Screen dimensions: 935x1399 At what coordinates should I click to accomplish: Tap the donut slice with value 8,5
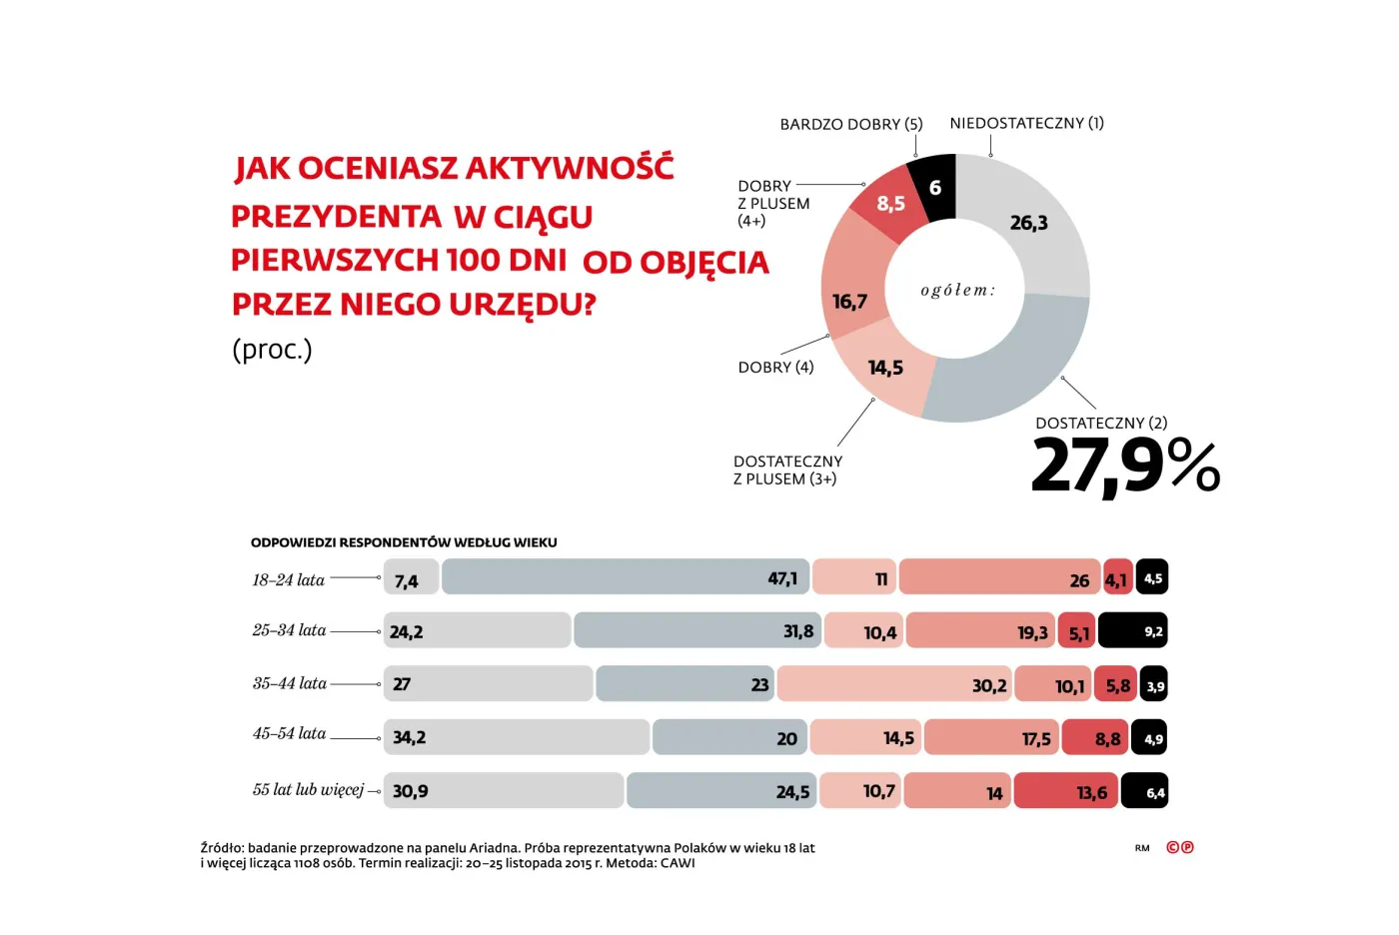pyautogui.click(x=889, y=206)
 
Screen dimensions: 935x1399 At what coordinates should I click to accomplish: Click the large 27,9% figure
pyautogui.click(x=1124, y=466)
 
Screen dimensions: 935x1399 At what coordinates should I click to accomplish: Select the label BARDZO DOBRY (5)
pyautogui.click(x=850, y=124)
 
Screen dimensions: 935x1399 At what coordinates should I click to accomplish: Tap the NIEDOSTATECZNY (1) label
pyautogui.click(x=1026, y=123)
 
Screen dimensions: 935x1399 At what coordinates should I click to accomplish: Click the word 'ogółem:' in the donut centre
pyautogui.click(x=957, y=290)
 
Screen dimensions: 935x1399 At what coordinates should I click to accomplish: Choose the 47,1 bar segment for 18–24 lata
pyautogui.click(x=625, y=577)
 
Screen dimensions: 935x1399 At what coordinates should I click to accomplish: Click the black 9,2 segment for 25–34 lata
pyautogui.click(x=1132, y=631)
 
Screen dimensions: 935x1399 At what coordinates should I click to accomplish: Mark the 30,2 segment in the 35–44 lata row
pyautogui.click(x=893, y=684)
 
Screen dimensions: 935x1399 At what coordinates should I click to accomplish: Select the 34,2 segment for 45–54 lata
pyautogui.click(x=516, y=737)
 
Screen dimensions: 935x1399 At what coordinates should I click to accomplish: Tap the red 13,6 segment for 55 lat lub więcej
pyautogui.click(x=1065, y=791)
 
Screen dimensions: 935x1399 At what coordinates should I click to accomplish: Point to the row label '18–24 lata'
pyautogui.click(x=288, y=579)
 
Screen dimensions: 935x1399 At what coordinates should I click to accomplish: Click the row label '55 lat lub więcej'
pyautogui.click(x=308, y=789)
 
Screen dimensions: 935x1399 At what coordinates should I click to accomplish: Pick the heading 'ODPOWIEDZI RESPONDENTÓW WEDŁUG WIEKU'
pyautogui.click(x=404, y=542)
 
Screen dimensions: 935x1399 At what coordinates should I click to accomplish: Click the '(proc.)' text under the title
pyautogui.click(x=272, y=349)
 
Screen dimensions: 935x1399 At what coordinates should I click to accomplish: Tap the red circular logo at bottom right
pyautogui.click(x=1180, y=847)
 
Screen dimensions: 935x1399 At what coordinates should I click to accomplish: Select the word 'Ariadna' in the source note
pyautogui.click(x=493, y=848)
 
